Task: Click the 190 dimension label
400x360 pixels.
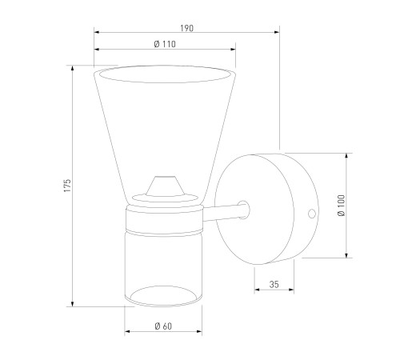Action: pyautogui.click(x=186, y=28)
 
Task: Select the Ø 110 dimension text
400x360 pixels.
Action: pyautogui.click(x=165, y=44)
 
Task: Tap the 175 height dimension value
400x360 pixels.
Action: pyautogui.click(x=67, y=186)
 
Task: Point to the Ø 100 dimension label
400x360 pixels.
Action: pyautogui.click(x=341, y=205)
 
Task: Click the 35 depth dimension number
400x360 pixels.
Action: pyautogui.click(x=274, y=285)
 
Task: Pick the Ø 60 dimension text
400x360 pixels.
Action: pyautogui.click(x=163, y=326)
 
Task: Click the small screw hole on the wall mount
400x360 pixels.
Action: pyautogui.click(x=312, y=214)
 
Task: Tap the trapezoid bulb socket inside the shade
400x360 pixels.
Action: pyautogui.click(x=166, y=186)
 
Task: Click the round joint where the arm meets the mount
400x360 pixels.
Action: pyautogui.click(x=244, y=210)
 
